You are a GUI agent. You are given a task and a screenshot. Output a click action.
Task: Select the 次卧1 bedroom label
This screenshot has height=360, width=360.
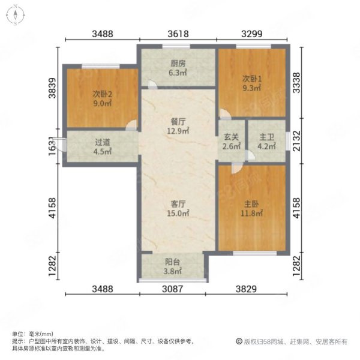click(x=251, y=78)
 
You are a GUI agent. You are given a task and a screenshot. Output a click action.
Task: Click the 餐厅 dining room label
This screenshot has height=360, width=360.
click(x=178, y=121)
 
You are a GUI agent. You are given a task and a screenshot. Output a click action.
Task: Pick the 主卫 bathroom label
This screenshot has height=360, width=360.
click(x=266, y=137)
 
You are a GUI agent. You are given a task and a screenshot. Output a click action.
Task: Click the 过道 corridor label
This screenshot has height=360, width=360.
click(x=102, y=143)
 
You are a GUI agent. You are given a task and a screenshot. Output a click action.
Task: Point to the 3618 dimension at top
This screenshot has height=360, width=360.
click(x=178, y=34)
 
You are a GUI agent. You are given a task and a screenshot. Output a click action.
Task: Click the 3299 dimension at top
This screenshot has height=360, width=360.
click(x=252, y=34)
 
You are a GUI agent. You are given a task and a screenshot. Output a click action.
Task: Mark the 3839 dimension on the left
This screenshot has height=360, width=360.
click(x=53, y=89)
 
